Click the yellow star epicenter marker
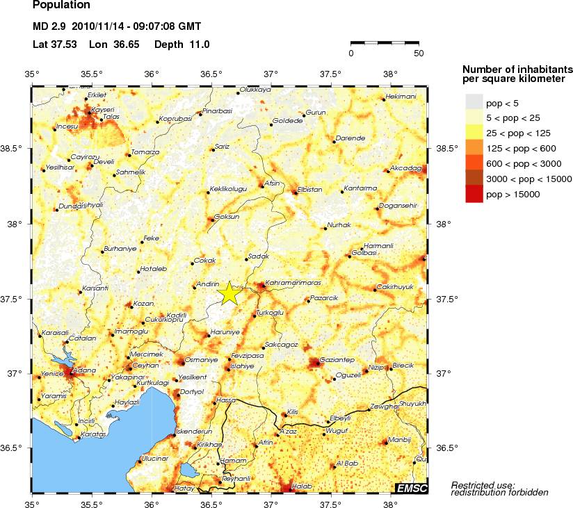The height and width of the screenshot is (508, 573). (x=229, y=293)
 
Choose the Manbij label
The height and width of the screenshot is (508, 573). (x=398, y=439)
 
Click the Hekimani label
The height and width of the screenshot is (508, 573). (x=401, y=97)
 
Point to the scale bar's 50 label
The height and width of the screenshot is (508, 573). (x=418, y=54)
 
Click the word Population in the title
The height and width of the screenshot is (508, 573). (x=61, y=6)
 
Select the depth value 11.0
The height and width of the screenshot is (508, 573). (x=197, y=44)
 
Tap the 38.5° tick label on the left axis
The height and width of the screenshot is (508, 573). (x=13, y=149)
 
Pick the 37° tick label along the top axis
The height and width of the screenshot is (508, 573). (x=271, y=74)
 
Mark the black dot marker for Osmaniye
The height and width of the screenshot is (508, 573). (x=184, y=362)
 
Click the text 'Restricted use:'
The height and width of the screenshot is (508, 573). (x=483, y=484)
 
